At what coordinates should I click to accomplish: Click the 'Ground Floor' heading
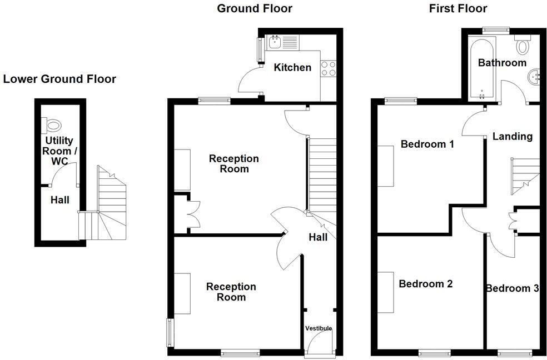coord(254,8)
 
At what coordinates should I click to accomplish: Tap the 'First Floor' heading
coord(458,8)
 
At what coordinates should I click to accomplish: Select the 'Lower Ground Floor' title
coord(59,79)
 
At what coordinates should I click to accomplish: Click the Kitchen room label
coord(292,67)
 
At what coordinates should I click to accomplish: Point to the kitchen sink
coord(275,41)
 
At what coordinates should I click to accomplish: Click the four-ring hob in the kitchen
coord(328,68)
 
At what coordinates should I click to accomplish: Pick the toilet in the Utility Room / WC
coord(53,124)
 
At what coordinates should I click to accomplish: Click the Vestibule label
coord(318,328)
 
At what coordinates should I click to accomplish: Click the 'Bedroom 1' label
coord(427,144)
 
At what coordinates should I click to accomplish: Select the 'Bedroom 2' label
coord(425,284)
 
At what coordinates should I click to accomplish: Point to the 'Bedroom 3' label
coord(512,288)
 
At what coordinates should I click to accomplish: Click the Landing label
coord(512,136)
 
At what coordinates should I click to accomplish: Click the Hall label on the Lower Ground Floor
coord(59,199)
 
